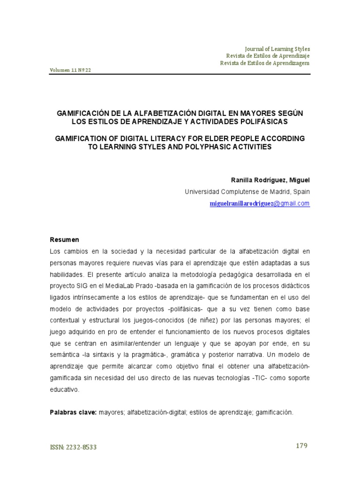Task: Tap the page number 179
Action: click(301, 446)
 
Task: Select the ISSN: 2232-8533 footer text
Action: click(73, 447)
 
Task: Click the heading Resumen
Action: click(65, 240)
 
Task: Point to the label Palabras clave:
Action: click(74, 412)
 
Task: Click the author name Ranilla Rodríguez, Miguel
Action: click(270, 180)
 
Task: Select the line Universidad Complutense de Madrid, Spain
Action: click(247, 192)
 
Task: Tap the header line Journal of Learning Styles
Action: click(277, 49)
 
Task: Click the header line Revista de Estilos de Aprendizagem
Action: click(265, 63)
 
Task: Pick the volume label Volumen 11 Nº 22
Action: click(71, 70)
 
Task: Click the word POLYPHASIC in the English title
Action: click(216, 147)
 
